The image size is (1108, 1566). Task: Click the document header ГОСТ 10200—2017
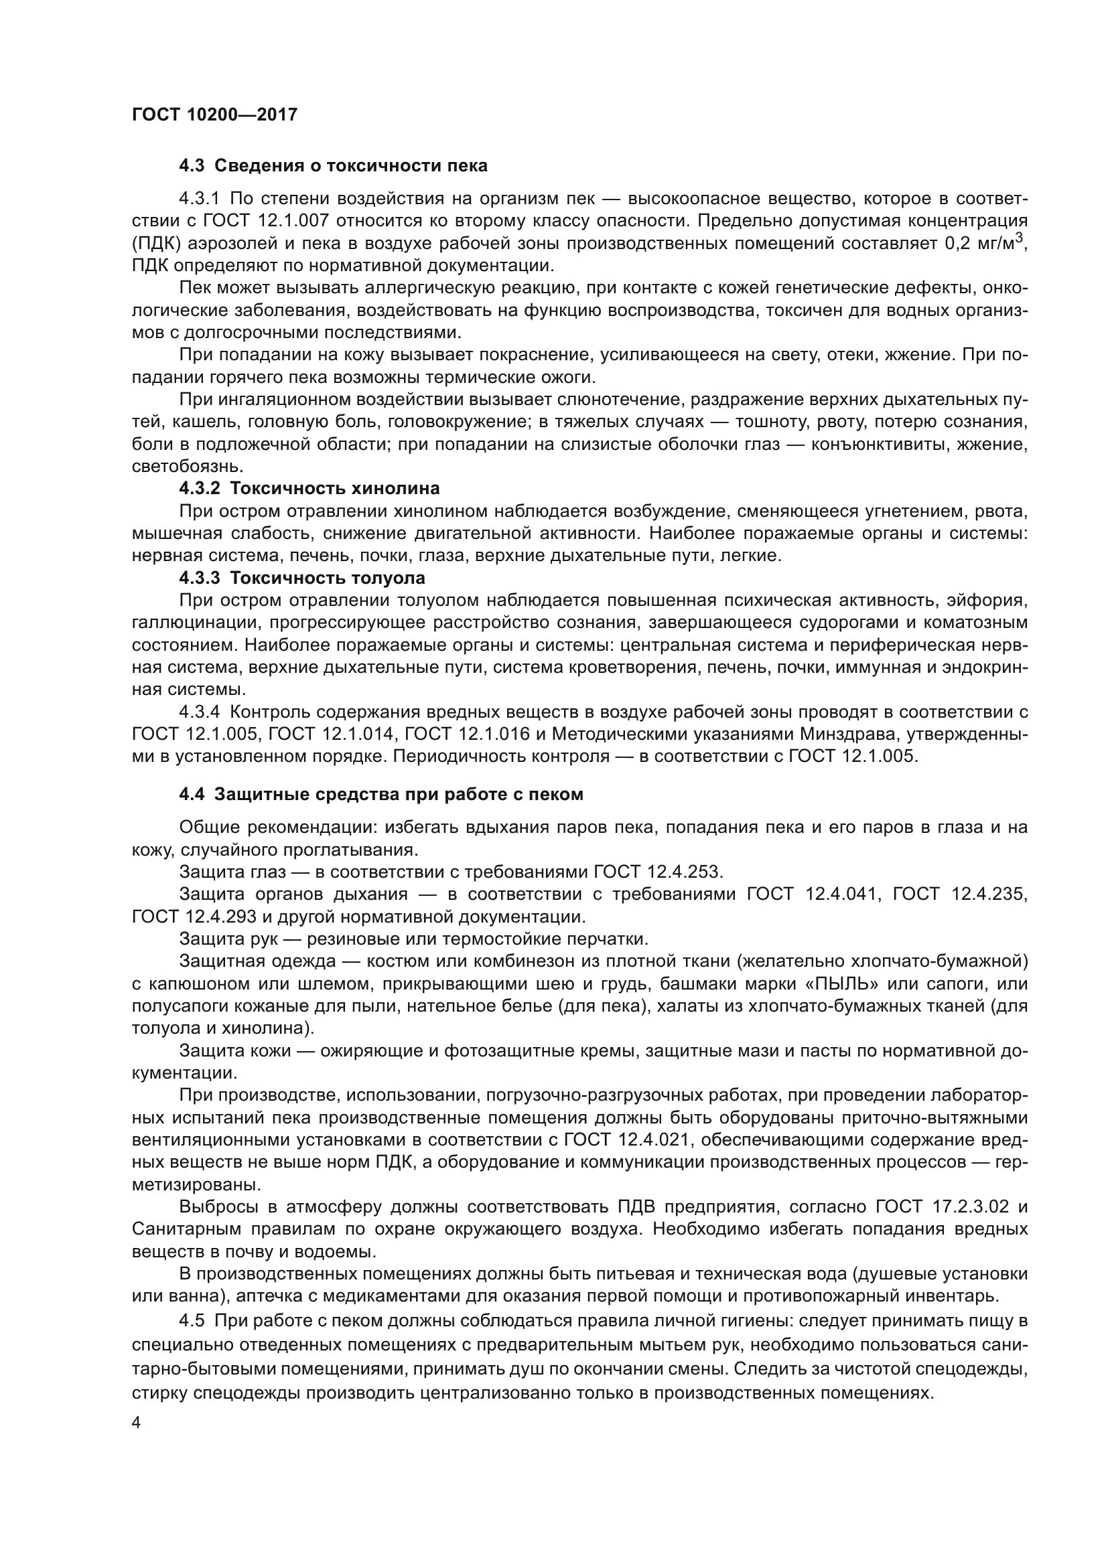point(214,114)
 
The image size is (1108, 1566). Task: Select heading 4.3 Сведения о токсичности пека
point(333,166)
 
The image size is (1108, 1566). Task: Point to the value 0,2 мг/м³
point(985,243)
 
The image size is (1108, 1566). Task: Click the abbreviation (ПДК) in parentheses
point(156,244)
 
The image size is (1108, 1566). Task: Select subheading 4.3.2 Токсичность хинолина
point(309,488)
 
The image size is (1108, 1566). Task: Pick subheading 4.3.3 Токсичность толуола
point(301,578)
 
